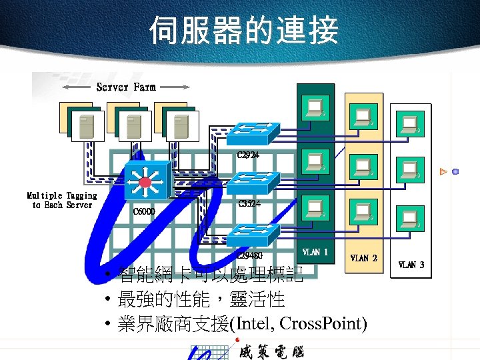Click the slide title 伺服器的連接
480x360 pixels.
(x=243, y=31)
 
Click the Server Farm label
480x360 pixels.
(x=126, y=87)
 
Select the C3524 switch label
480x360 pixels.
(x=249, y=203)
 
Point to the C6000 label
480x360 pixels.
(x=144, y=211)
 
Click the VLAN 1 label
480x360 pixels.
(x=315, y=252)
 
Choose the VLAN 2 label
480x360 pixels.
(x=364, y=258)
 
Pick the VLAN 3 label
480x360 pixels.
(x=411, y=265)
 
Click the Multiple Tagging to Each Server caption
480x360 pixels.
(x=62, y=200)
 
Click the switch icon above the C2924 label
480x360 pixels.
(x=252, y=133)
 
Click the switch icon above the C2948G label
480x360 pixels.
(x=252, y=233)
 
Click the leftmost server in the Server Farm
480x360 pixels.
(x=87, y=125)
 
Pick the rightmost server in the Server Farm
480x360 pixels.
(x=178, y=125)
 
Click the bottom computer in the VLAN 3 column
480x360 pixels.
(x=409, y=218)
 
